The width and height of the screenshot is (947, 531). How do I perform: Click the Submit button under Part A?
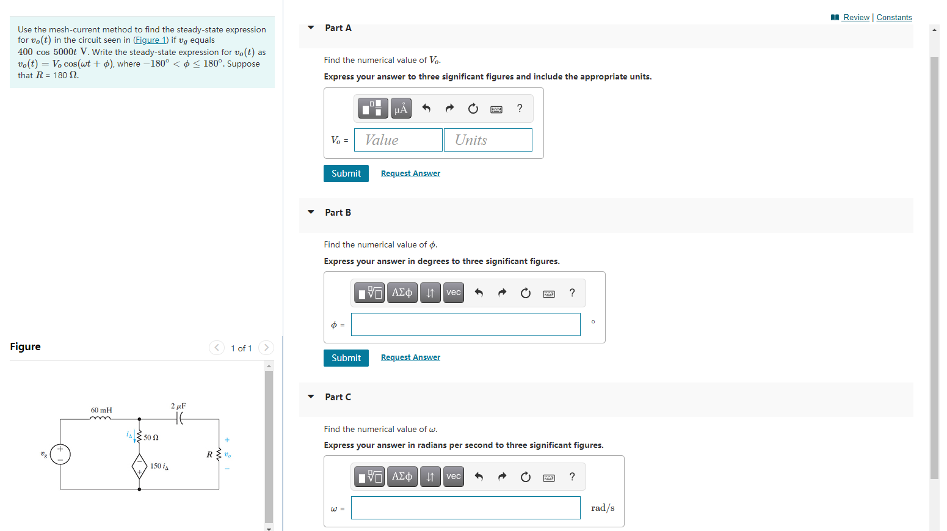[x=346, y=174]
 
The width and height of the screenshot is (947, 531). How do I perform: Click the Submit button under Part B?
[x=346, y=358]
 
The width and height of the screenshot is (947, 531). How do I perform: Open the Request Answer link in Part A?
[x=410, y=174]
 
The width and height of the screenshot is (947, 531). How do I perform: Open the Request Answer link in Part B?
[x=410, y=357]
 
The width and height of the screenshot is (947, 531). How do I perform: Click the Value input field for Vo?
[x=398, y=140]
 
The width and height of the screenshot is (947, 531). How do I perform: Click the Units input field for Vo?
[x=488, y=140]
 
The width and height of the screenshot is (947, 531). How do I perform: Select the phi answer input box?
[x=465, y=324]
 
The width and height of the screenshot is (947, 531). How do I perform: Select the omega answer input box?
[x=465, y=508]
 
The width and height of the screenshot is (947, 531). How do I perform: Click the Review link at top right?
[x=855, y=17]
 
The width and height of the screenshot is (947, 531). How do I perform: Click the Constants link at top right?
[x=894, y=17]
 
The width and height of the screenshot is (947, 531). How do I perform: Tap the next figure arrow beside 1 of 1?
[x=266, y=348]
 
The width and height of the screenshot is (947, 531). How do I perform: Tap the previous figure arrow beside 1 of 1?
[x=217, y=348]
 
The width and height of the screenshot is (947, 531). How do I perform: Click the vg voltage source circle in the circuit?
[x=60, y=454]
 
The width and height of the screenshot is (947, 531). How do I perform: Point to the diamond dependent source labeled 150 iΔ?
[x=139, y=466]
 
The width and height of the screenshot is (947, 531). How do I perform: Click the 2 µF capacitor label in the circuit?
[x=178, y=406]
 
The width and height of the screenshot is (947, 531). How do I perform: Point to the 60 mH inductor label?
[x=101, y=410]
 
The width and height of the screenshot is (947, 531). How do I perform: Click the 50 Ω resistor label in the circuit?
[x=151, y=438]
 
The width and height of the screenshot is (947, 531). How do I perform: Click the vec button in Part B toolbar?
[x=454, y=293]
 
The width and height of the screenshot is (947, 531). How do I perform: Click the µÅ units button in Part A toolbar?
[x=401, y=109]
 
